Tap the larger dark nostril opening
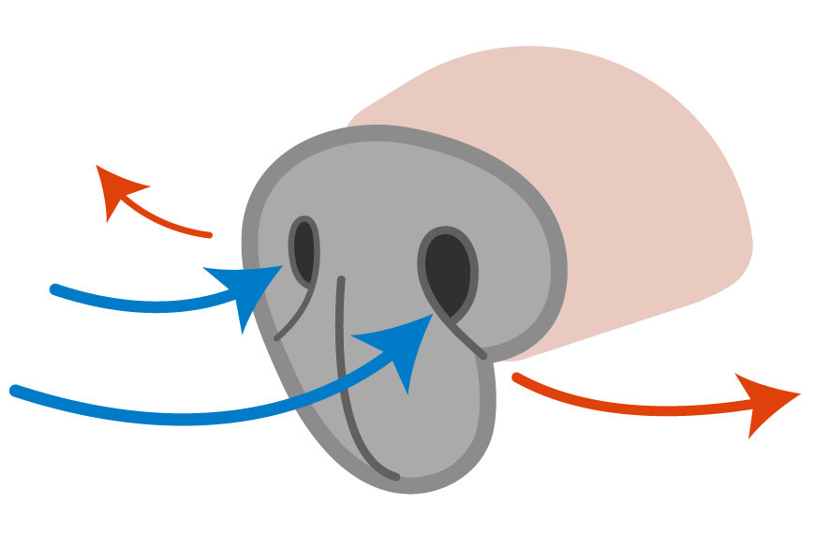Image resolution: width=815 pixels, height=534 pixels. (448, 274)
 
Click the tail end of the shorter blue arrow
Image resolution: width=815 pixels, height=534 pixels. (55, 289)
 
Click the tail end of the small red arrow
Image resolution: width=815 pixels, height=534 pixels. (209, 234)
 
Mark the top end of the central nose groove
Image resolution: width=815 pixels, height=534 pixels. (342, 280)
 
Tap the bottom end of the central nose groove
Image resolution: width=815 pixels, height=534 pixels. (395, 476)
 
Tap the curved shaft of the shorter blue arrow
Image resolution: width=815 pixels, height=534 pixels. (141, 304)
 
